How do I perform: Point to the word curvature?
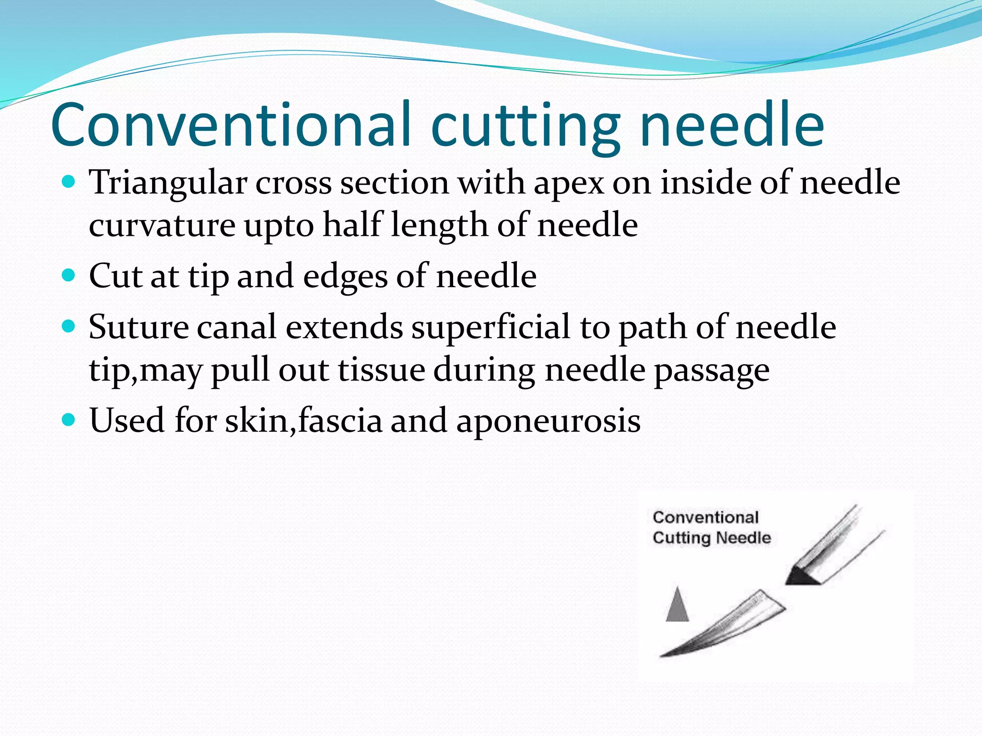pyautogui.click(x=162, y=225)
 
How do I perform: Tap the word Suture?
pyautogui.click(x=139, y=327)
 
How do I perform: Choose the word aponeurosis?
pyautogui.click(x=548, y=421)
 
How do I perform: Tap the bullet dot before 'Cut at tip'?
pyautogui.click(x=69, y=275)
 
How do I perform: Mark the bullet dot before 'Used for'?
pyautogui.click(x=69, y=420)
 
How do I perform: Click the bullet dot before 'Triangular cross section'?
pyautogui.click(x=69, y=182)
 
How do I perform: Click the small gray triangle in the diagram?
pyautogui.click(x=677, y=606)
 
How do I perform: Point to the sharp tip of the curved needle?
pyautogui.click(x=662, y=655)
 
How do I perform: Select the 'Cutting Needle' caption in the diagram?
pyautogui.click(x=712, y=538)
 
